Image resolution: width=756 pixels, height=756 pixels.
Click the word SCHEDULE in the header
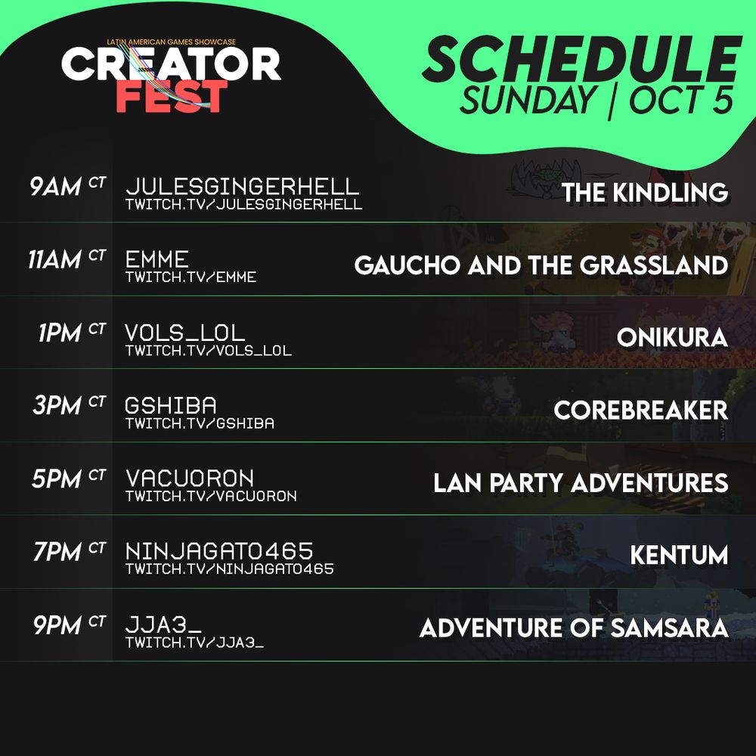(x=581, y=60)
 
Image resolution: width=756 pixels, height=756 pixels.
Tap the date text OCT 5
(x=681, y=100)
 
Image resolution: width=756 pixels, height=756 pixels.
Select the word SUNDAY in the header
(x=528, y=100)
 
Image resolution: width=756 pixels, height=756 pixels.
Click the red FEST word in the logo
(x=172, y=97)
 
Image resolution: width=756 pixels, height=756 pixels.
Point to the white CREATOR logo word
(x=171, y=64)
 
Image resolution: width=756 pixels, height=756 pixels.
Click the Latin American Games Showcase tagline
(x=171, y=42)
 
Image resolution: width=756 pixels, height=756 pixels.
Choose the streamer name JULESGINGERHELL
(x=242, y=187)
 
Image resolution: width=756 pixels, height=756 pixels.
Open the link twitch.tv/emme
(x=191, y=277)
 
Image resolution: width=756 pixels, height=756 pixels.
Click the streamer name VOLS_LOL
(x=185, y=333)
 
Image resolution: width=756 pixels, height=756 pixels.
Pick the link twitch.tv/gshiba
(x=200, y=423)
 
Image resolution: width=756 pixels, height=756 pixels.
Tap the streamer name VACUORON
(x=190, y=479)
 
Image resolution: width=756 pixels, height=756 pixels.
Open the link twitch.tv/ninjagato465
(x=230, y=569)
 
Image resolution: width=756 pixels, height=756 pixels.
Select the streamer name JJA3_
(x=163, y=625)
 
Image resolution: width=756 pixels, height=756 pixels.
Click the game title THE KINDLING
(x=645, y=192)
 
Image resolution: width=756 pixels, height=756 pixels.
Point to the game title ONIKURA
(x=673, y=337)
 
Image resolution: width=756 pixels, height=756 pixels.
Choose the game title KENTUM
(x=680, y=556)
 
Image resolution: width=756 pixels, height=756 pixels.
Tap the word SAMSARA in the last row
(x=669, y=628)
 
